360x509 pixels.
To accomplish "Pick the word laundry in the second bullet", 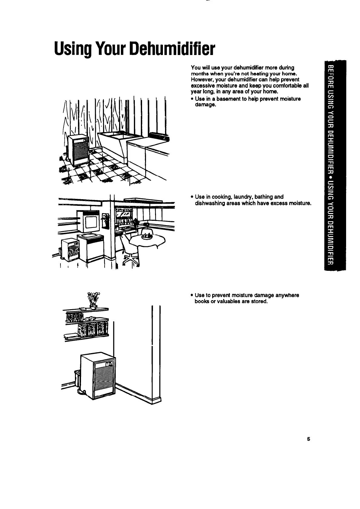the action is (242, 197).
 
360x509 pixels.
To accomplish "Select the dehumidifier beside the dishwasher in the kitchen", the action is (70, 249).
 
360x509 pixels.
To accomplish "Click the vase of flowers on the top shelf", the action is (93, 300).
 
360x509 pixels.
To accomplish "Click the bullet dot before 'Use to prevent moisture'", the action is (192, 295).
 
